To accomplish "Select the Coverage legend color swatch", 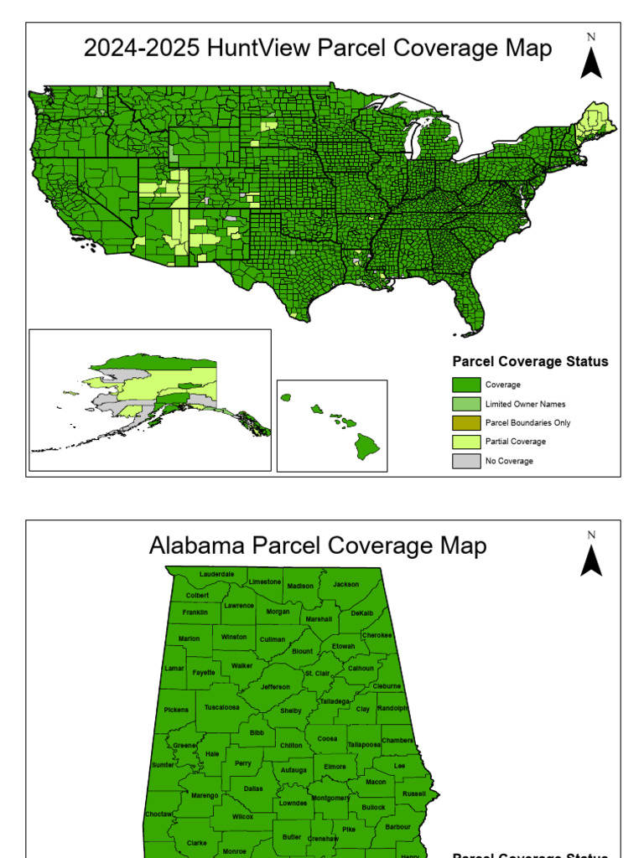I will pyautogui.click(x=466, y=385).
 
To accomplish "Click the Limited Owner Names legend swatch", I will pyautogui.click(x=466, y=404).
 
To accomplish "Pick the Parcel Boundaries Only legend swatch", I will pyautogui.click(x=466, y=423).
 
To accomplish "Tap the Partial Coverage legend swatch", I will pyautogui.click(x=466, y=442).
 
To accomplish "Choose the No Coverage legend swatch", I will pyautogui.click(x=466, y=461).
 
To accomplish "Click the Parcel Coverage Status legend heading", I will pyautogui.click(x=530, y=362).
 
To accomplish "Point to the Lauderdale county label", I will pyautogui.click(x=217, y=574).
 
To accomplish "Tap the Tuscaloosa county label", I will pyautogui.click(x=222, y=707).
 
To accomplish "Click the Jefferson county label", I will pyautogui.click(x=275, y=687).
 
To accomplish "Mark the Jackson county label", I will pyautogui.click(x=345, y=584).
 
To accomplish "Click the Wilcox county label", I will pyautogui.click(x=242, y=816).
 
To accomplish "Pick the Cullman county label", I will pyautogui.click(x=273, y=639).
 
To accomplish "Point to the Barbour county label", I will pyautogui.click(x=397, y=826).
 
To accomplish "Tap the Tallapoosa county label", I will pyautogui.click(x=364, y=744).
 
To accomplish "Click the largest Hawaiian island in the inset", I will pyautogui.click(x=366, y=445).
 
